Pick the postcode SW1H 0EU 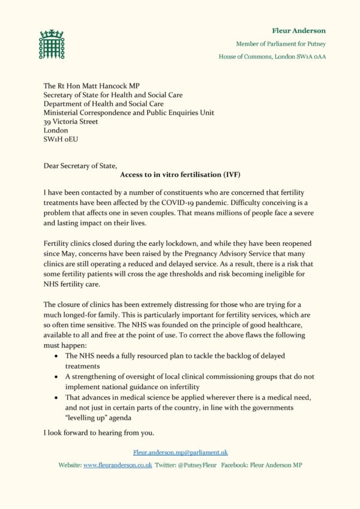(x=61, y=139)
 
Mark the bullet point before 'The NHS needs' (x=56, y=356)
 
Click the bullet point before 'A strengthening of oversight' (x=56, y=377)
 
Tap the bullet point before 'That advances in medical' (x=56, y=397)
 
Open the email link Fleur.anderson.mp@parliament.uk (x=180, y=452)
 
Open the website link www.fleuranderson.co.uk (x=117, y=465)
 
